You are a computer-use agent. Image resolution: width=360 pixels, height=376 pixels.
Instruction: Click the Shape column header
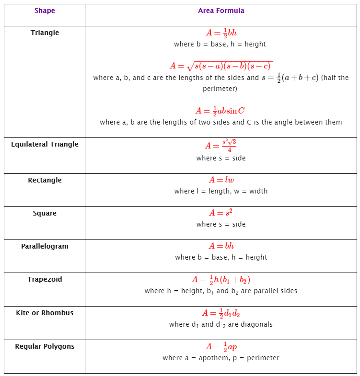(45, 11)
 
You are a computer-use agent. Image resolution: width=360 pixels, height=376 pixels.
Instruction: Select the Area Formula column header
(221, 11)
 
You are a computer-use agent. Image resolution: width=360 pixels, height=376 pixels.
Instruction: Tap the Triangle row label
(45, 33)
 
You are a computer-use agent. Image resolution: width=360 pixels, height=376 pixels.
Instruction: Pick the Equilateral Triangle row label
(45, 144)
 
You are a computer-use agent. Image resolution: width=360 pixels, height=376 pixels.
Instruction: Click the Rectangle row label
(45, 180)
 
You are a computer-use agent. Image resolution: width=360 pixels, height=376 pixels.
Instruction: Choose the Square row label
(45, 213)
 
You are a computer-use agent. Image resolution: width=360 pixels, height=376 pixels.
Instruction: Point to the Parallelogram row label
(45, 246)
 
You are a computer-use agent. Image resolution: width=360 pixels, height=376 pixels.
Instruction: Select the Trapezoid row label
(45, 279)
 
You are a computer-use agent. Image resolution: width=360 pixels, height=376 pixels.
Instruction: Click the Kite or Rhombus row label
(45, 313)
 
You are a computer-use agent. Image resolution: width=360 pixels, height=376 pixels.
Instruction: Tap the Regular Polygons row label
(45, 346)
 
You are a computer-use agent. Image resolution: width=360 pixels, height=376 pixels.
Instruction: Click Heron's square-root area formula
(221, 66)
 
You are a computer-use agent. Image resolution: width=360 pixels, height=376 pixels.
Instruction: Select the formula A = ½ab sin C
(221, 111)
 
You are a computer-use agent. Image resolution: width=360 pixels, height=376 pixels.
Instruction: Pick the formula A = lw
(221, 180)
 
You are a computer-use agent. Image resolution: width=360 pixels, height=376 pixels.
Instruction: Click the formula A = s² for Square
(221, 213)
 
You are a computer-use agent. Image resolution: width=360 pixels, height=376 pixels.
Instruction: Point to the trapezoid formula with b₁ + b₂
(221, 280)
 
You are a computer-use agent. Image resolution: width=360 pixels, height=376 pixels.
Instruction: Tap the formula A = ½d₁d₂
(221, 313)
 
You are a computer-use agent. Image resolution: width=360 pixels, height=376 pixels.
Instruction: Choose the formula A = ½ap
(221, 347)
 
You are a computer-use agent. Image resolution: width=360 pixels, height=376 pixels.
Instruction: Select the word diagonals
(256, 324)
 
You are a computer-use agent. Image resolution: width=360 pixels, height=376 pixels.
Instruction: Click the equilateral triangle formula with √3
(221, 146)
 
